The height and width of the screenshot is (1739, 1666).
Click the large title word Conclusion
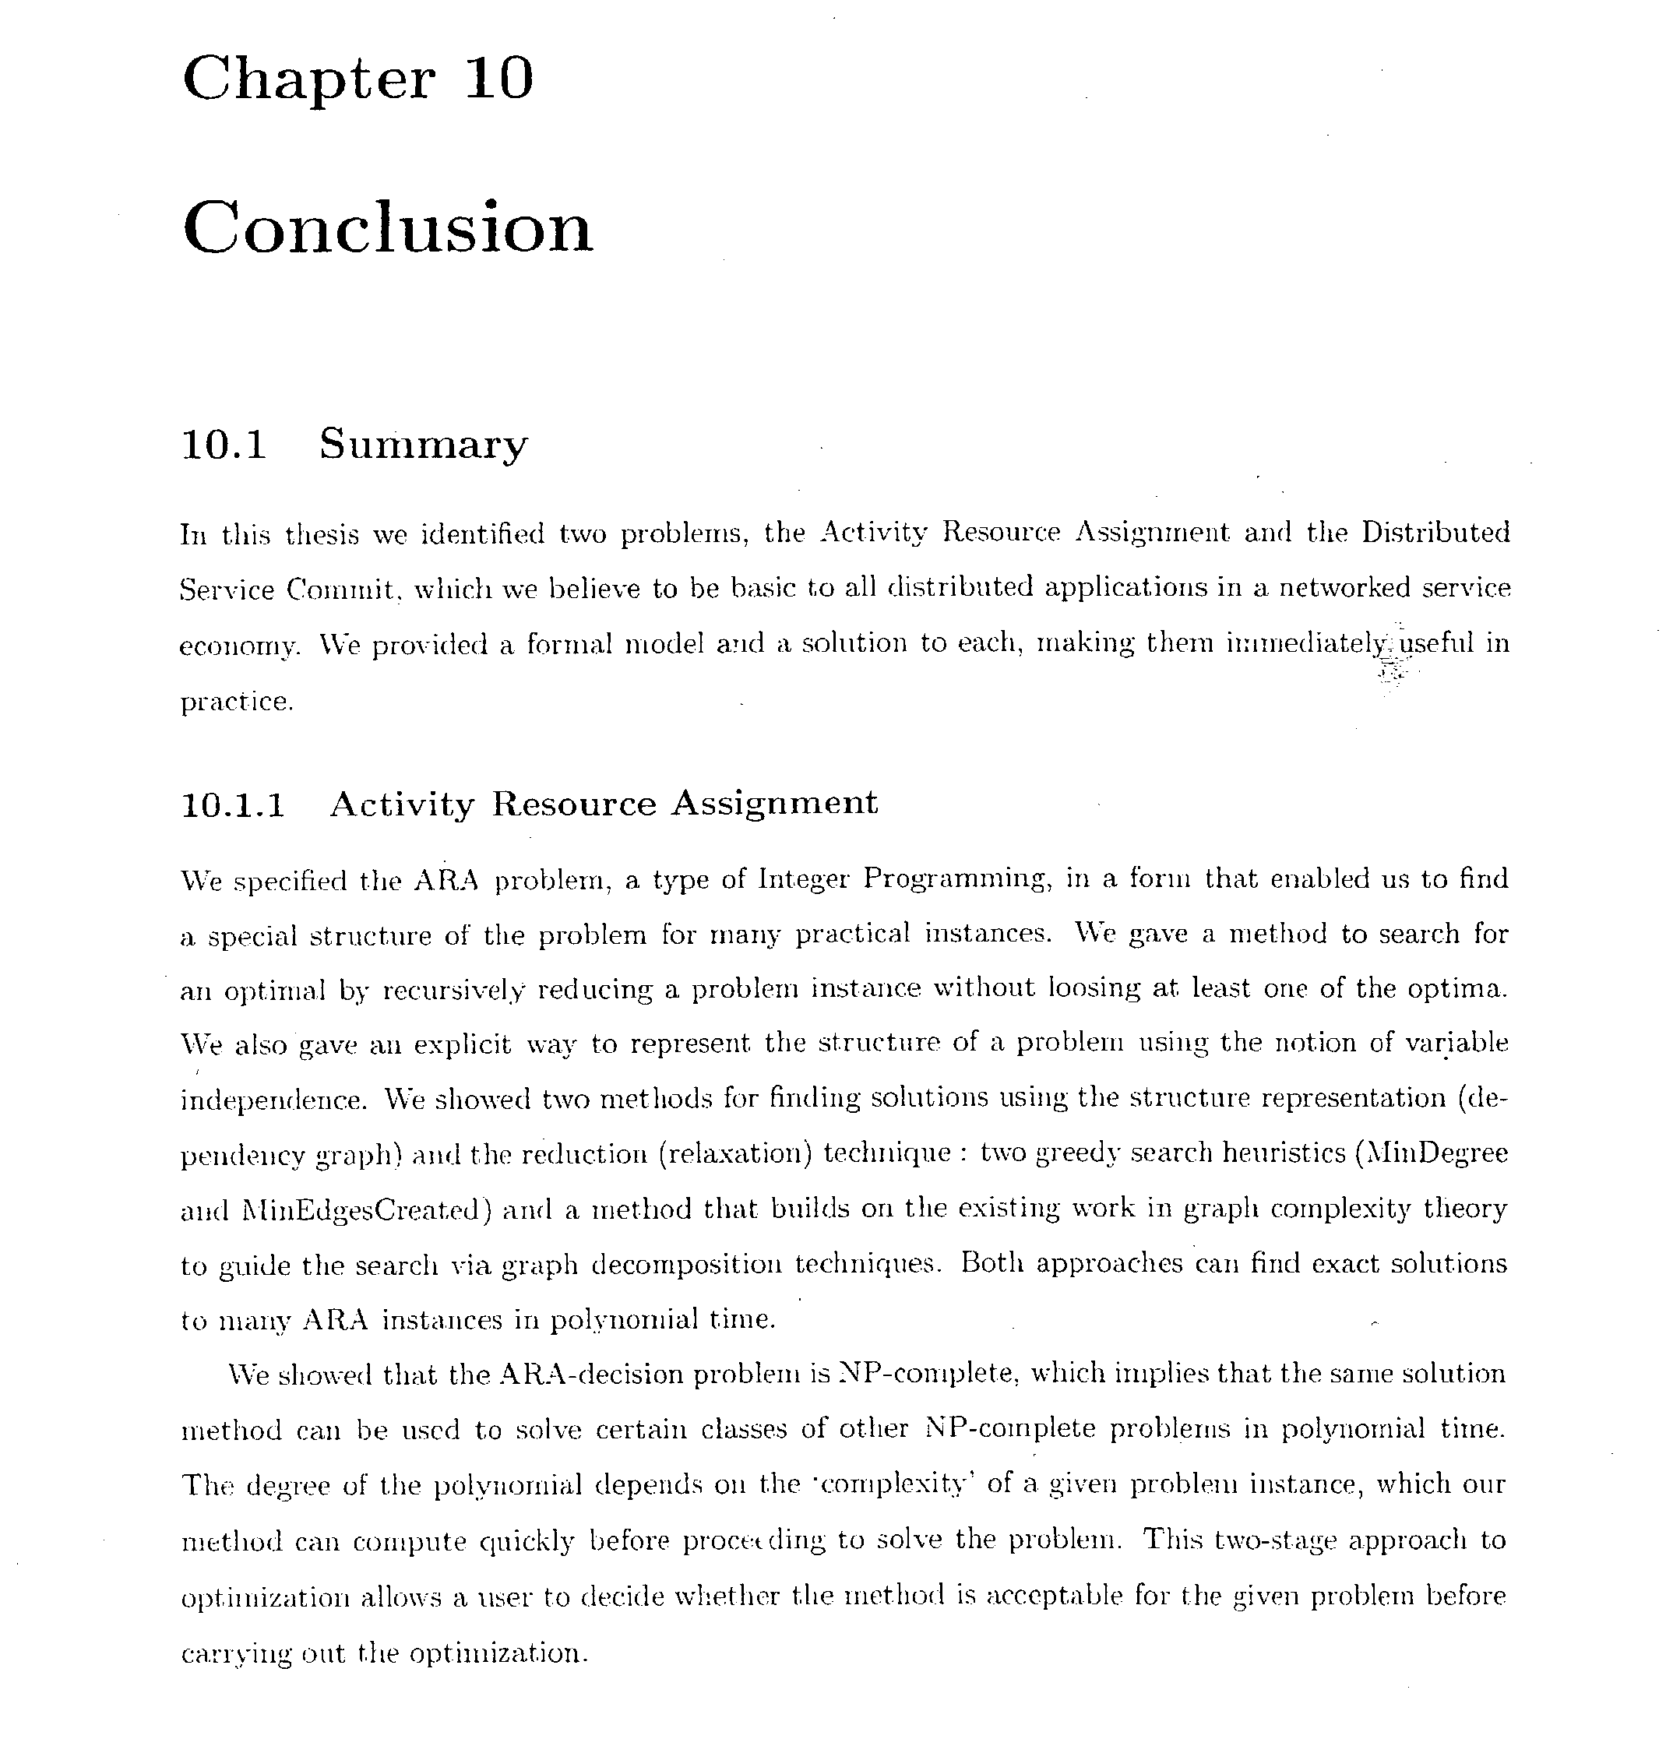click(x=387, y=227)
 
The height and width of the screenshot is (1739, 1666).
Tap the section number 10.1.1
click(x=233, y=804)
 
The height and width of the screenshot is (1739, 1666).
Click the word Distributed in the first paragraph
click(x=1435, y=533)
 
